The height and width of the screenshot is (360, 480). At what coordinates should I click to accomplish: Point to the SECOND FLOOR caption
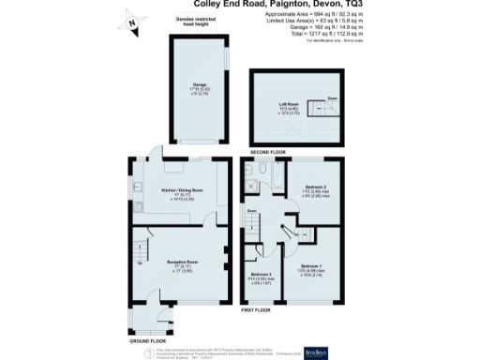[269, 150]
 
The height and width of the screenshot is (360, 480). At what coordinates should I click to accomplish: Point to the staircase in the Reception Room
[139, 250]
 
